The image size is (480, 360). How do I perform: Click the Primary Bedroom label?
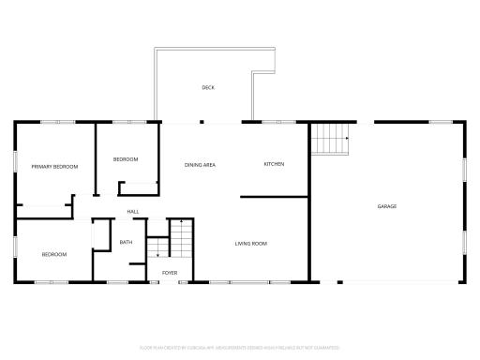click(53, 167)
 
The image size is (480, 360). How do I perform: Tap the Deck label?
click(208, 88)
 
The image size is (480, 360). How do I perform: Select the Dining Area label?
click(200, 165)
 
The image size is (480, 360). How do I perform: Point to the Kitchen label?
click(274, 165)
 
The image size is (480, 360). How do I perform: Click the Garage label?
click(386, 206)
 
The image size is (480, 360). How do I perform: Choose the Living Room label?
click(251, 244)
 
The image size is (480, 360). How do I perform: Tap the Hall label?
click(133, 211)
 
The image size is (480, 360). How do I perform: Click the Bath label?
click(126, 243)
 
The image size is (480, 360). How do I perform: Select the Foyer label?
click(170, 273)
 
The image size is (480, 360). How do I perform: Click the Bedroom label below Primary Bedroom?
click(53, 254)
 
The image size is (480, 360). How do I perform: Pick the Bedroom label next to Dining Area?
click(127, 159)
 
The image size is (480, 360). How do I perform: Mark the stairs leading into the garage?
click(330, 140)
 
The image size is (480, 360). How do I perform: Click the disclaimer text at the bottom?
click(239, 348)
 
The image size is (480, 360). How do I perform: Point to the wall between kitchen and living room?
click(274, 197)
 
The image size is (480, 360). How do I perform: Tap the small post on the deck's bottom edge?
click(202, 121)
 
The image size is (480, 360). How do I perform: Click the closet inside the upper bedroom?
click(136, 188)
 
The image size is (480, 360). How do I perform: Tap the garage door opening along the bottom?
click(394, 281)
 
